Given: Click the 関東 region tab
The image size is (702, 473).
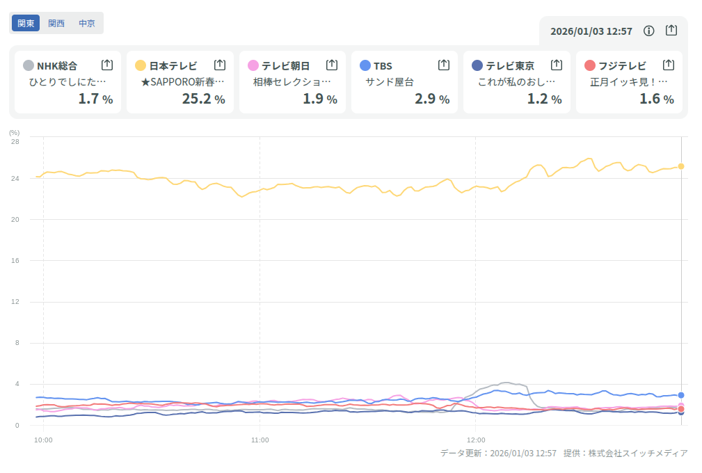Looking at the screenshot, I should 26,23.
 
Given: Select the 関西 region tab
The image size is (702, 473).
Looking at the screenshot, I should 56,23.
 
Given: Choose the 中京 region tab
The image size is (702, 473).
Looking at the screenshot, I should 87,23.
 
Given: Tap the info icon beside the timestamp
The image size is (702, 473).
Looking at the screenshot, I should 649,31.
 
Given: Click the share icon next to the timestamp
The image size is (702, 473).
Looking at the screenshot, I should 671,31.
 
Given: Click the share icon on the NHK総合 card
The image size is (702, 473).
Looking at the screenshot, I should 107,65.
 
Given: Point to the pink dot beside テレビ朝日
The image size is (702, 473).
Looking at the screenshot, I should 253,65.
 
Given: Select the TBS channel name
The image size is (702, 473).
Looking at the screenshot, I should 383,66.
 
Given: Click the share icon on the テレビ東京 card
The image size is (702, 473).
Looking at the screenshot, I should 557,65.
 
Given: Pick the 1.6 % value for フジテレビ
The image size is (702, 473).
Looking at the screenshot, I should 656,99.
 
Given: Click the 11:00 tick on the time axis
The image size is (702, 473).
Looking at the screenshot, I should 260,440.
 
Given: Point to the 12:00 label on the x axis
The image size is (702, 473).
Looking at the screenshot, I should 475,440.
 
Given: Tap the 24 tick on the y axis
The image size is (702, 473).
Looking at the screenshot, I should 15,178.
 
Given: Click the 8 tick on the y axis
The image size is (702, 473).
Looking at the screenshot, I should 17,343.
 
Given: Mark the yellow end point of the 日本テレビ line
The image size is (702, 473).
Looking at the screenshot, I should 681,166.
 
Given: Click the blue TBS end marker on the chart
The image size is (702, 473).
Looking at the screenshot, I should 681,395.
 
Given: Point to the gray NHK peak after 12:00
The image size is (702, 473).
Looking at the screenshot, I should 506,383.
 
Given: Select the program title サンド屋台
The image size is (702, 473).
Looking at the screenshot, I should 390,82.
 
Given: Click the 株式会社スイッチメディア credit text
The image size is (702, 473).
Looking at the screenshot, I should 638,454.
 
